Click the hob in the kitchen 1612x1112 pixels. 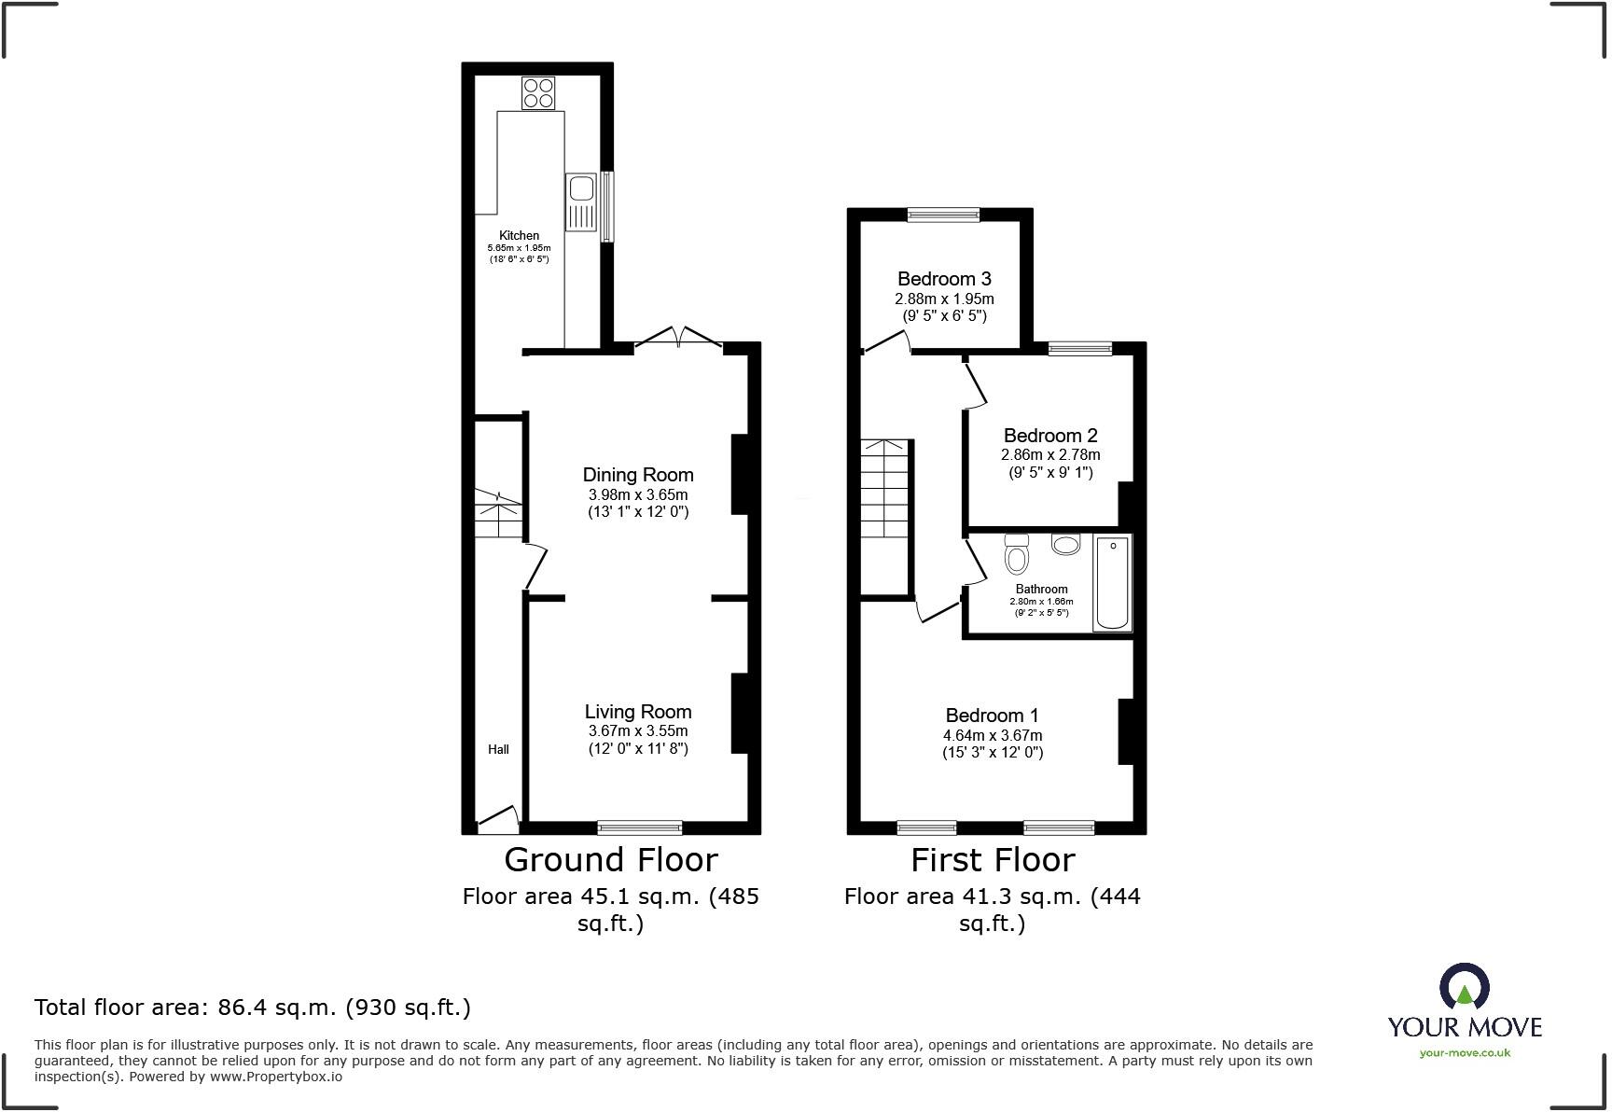tap(538, 93)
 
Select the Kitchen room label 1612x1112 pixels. tap(519, 235)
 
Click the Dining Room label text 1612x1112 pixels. tap(638, 474)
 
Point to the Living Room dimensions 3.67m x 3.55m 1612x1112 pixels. tap(638, 730)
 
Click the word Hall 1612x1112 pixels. tap(498, 749)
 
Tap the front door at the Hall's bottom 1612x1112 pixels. tap(498, 819)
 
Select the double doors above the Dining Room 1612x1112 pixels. tap(678, 338)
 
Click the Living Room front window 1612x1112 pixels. tap(640, 827)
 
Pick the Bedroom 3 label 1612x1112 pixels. tap(944, 278)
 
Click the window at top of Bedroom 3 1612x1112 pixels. tap(944, 215)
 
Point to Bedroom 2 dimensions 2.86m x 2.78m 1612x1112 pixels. tap(1050, 455)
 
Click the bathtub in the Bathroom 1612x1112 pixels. tap(1112, 582)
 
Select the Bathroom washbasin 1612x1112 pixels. tap(1065, 543)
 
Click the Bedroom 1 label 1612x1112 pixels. tap(992, 715)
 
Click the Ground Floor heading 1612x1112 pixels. tap(611, 859)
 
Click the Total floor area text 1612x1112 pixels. tap(252, 1007)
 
